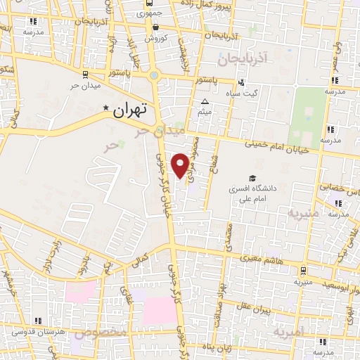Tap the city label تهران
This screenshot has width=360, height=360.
129,110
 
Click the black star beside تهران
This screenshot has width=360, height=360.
106,108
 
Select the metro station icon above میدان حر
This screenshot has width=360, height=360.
85,73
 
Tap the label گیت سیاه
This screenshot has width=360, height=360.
245,92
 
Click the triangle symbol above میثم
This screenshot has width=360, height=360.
205,102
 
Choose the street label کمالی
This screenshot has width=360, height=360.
141,261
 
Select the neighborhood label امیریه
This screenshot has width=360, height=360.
288,330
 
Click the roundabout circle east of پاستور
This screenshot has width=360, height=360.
154,75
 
